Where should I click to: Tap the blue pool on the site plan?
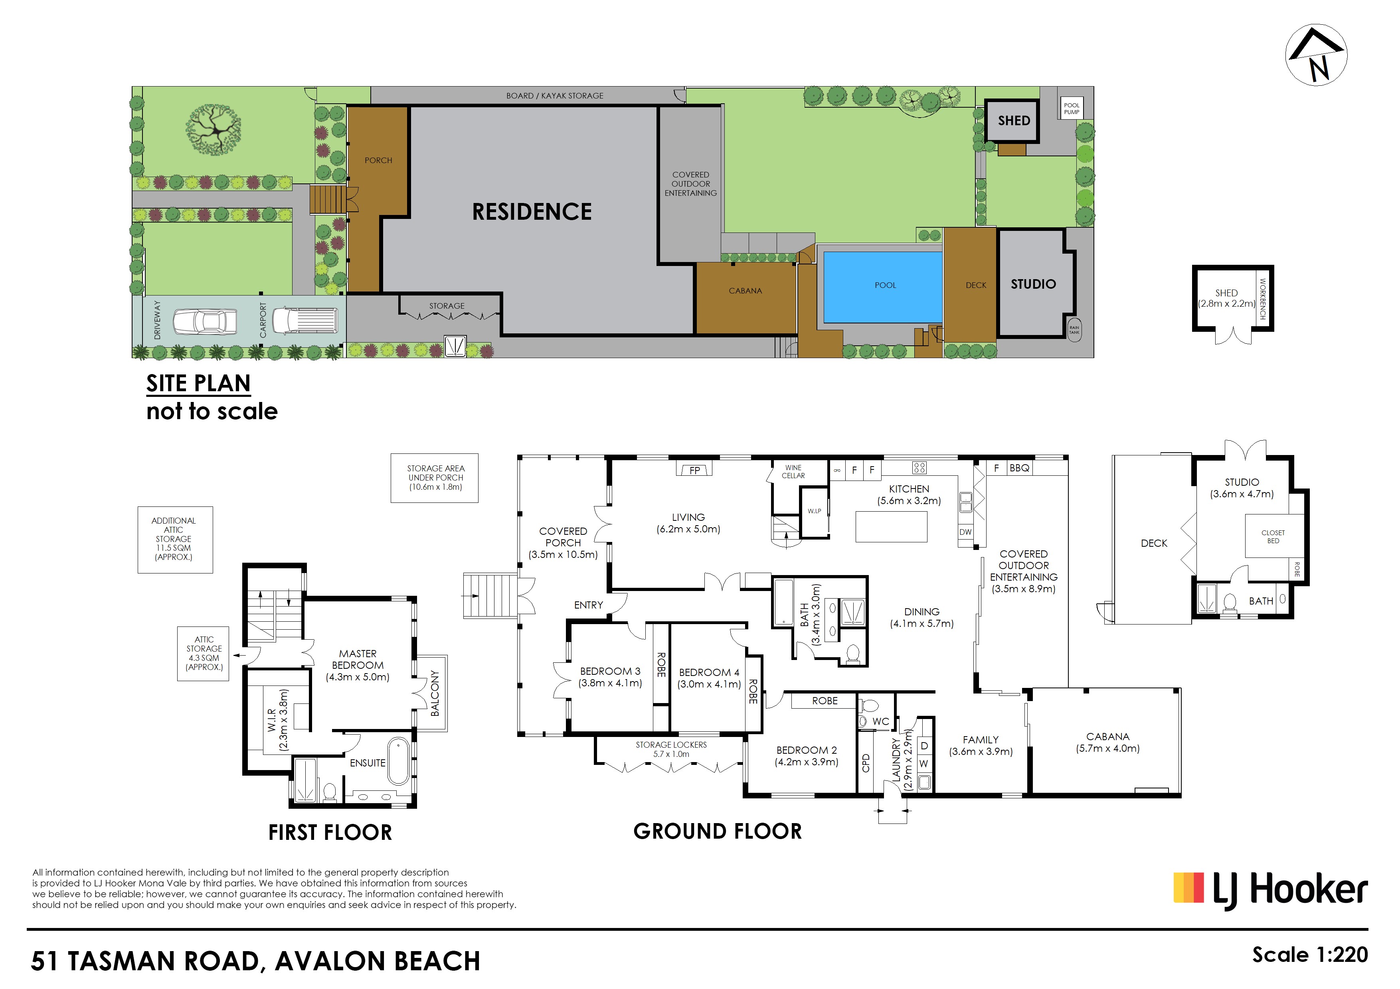click(x=882, y=287)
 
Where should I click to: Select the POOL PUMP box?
click(x=1071, y=108)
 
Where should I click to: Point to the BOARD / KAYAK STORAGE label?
click(x=554, y=96)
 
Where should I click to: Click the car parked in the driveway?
click(x=205, y=322)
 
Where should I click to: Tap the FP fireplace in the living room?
click(x=694, y=469)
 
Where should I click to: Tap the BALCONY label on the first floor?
click(x=435, y=693)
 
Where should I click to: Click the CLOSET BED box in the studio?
click(x=1273, y=536)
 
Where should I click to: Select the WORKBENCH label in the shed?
click(x=1263, y=299)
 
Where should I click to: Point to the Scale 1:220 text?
click(x=1310, y=955)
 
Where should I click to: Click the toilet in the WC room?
click(x=868, y=706)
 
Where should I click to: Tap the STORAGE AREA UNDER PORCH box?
click(x=435, y=479)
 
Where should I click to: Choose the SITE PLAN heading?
click(x=198, y=383)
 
